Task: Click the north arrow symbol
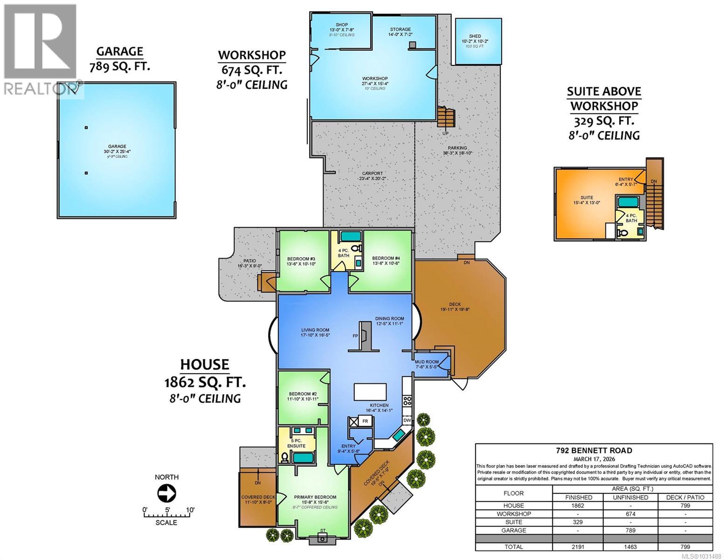(x=166, y=493)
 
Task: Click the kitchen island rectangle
(x=371, y=391)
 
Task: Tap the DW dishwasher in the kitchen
(x=407, y=420)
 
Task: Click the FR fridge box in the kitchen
(x=365, y=421)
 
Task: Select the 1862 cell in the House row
(x=578, y=505)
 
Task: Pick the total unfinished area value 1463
(x=631, y=546)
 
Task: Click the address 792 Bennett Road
(x=593, y=450)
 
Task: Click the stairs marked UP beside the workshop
(x=446, y=117)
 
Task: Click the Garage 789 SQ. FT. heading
(x=119, y=59)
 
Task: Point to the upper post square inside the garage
(x=86, y=127)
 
